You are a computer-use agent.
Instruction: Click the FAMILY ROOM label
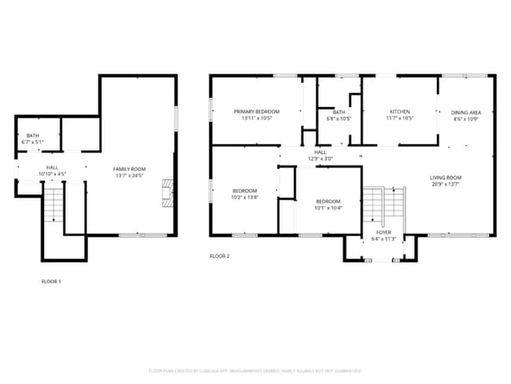tap(130, 168)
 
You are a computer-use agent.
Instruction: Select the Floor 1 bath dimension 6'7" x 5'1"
tap(33, 142)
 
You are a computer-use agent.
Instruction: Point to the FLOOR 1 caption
tap(51, 281)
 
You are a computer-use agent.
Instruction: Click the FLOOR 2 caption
tap(219, 256)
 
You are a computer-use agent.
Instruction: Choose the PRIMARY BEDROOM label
tap(256, 112)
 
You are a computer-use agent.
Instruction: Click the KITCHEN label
tap(399, 112)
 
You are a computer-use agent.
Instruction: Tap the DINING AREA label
tap(465, 112)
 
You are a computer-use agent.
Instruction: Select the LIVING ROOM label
tap(446, 178)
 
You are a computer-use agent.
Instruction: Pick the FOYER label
tap(383, 232)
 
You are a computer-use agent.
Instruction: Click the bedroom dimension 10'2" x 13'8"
tap(244, 198)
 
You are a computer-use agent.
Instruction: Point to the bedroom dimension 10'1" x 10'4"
tap(328, 207)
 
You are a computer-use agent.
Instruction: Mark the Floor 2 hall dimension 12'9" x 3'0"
tap(320, 159)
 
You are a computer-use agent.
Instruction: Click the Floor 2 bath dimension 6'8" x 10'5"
tap(339, 119)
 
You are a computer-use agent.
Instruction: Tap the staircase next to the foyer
tap(383, 206)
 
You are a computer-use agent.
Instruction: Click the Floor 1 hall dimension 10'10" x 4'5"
tap(52, 174)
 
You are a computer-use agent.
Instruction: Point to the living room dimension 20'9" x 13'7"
tap(446, 185)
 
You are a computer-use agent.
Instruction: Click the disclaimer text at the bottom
tap(255, 370)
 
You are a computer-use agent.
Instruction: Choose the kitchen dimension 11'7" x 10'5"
tap(399, 119)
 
